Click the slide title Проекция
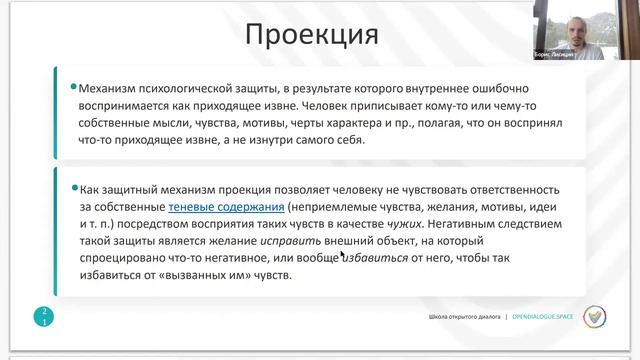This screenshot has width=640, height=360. (x=312, y=36)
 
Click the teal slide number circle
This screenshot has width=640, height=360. (x=44, y=317)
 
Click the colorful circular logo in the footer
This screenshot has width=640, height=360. (x=596, y=318)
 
